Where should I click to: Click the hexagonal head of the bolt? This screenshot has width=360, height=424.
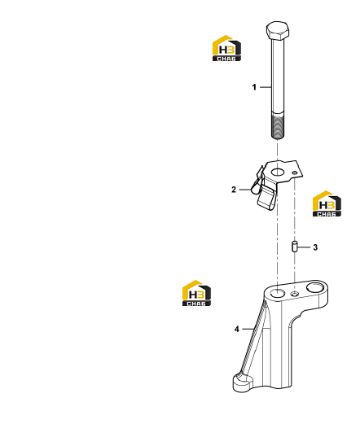[278, 30]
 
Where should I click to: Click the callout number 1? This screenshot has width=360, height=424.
[254, 87]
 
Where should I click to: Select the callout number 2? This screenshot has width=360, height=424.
[234, 190]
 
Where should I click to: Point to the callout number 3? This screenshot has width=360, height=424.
[315, 247]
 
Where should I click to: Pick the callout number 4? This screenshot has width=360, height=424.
[237, 329]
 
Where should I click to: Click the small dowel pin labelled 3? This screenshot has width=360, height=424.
[294, 247]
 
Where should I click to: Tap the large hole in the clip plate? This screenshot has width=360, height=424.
[277, 172]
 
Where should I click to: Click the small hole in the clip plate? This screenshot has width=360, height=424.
[295, 173]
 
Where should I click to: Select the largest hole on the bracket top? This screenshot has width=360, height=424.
[315, 286]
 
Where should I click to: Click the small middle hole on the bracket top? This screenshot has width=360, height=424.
[295, 293]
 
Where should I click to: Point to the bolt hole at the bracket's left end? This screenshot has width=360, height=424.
[278, 293]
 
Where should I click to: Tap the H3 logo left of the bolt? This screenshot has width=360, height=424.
[226, 48]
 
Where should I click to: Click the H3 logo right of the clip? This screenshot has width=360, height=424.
[327, 203]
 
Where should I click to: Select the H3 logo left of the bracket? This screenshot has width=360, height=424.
[196, 293]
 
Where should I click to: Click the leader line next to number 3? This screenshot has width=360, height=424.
[304, 247]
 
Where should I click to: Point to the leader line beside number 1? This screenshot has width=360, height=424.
[266, 87]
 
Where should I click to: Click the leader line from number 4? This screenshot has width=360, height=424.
[248, 329]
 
